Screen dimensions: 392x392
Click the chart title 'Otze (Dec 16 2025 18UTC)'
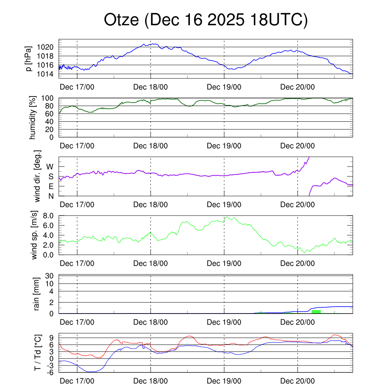[206, 20]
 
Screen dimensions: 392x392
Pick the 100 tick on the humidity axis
[51, 98]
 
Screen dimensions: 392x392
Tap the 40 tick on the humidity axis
[53, 121]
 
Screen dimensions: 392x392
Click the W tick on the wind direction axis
[50, 167]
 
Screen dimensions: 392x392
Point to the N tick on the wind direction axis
[51, 196]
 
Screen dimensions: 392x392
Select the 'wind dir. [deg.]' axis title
[38, 176]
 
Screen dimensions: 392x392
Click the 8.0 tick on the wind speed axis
[50, 216]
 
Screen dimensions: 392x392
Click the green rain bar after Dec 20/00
[316, 312]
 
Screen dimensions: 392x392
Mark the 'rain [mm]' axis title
[38, 294]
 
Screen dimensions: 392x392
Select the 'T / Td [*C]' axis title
[38, 353]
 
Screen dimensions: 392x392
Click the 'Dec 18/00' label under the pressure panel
[151, 87]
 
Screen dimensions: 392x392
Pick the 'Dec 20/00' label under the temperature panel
[298, 381]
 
